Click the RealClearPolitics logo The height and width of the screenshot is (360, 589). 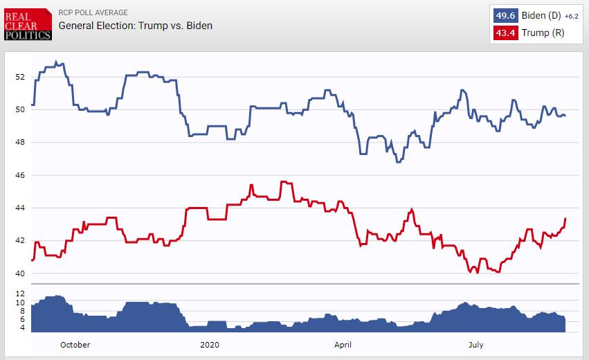[28, 24]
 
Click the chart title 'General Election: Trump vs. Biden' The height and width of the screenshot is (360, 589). [135, 26]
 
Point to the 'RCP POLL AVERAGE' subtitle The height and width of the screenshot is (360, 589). [93, 12]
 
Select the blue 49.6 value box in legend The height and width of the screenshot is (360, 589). [505, 16]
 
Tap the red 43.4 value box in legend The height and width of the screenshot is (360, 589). [505, 33]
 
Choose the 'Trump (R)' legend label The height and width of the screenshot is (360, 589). [543, 33]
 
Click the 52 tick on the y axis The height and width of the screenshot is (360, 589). [21, 76]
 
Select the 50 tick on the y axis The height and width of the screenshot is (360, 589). [21, 109]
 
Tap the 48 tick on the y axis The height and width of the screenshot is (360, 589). [21, 142]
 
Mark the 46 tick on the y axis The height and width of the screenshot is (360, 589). [21, 175]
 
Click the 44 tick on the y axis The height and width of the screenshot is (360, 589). [21, 208]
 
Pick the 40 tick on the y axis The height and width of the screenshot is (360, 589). [21, 273]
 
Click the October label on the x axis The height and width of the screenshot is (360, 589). [75, 344]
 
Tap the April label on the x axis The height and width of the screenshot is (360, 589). [343, 344]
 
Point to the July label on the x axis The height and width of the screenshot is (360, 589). [476, 344]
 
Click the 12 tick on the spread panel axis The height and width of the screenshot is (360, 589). [21, 294]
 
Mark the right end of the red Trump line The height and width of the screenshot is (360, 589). [565, 219]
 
